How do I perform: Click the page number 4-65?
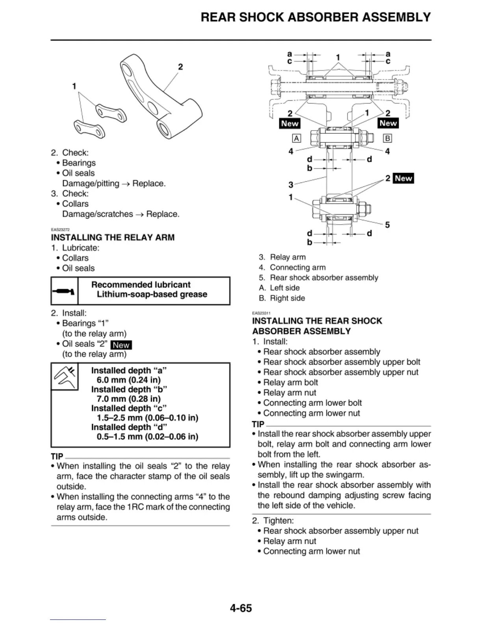point(241,608)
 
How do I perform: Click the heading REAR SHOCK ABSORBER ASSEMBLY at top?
point(315,17)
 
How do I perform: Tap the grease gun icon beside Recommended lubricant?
point(64,291)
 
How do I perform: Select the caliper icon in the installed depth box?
point(65,376)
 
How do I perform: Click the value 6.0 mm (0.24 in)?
point(128,380)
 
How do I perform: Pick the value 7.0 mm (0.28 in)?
point(128,399)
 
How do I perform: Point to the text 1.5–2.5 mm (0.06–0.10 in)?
point(147,418)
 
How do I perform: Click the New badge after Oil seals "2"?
point(121,345)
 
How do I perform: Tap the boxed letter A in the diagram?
point(296,138)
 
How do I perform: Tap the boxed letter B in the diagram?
point(387,138)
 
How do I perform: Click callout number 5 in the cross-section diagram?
point(387,225)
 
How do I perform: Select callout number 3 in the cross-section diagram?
point(291,184)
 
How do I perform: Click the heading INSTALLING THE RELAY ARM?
point(113,238)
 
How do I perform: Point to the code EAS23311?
point(261,313)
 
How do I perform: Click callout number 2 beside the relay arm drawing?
point(180,67)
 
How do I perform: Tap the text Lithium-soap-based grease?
point(152,295)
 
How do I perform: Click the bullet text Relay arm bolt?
point(290,382)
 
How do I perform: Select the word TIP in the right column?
point(258,424)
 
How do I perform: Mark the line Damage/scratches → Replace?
point(120,214)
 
